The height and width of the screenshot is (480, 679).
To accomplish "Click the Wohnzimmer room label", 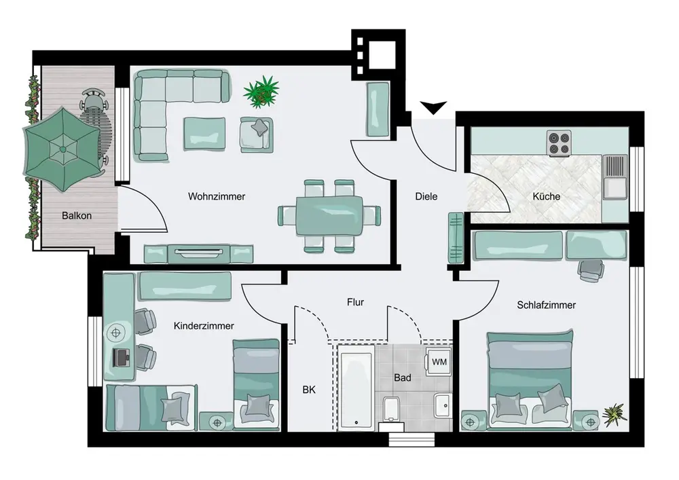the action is tap(217, 196).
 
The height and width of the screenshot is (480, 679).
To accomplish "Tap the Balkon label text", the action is tap(77, 215).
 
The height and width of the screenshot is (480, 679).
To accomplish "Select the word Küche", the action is tap(547, 196).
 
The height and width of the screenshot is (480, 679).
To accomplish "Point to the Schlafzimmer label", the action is tap(547, 305).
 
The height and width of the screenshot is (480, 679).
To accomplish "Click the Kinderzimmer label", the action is tap(204, 326).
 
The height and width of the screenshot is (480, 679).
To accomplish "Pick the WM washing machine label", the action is tap(439, 362).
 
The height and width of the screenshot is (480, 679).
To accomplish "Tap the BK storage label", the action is tap(309, 390).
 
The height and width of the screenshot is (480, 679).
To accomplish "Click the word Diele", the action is tap(426, 196).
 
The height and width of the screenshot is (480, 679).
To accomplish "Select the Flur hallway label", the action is tap(355, 302).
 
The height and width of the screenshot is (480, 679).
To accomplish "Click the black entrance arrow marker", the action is tap(433, 107).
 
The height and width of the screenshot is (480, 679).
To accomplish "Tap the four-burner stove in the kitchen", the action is tap(559, 143).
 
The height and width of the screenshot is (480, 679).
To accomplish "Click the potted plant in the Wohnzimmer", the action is tap(261, 92).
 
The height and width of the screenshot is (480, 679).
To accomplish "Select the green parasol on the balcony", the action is tap(62, 149).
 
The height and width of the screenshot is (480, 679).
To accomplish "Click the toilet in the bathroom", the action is tap(392, 411).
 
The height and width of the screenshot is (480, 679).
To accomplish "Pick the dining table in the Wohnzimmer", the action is tap(329, 215).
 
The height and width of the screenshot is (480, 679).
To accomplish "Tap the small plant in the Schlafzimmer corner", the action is tap(614, 415).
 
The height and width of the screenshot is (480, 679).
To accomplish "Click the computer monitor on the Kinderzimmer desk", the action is tap(121, 358).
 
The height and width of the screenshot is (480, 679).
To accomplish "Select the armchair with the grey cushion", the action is tap(257, 134).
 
